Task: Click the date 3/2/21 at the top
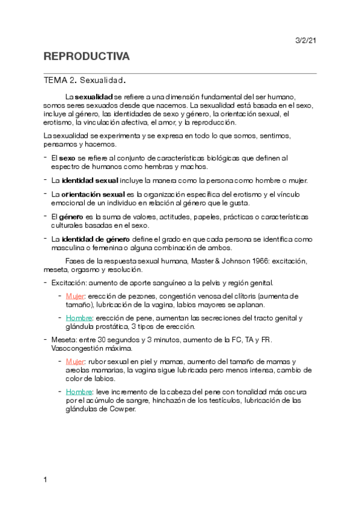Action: point(305,40)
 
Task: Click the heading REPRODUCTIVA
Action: point(87,57)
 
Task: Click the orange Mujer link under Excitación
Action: point(75,296)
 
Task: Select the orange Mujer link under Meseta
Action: point(75,362)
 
